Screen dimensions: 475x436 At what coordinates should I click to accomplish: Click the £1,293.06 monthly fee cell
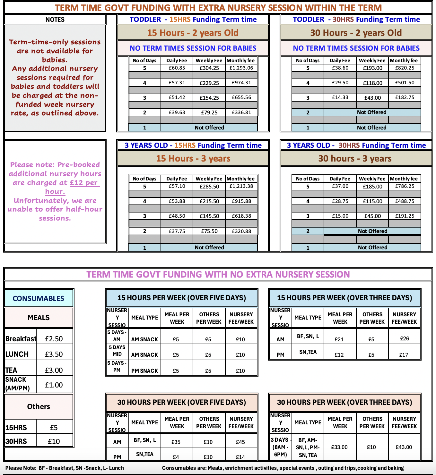point(241,68)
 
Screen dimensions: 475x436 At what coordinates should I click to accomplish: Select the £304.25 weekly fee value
point(209,68)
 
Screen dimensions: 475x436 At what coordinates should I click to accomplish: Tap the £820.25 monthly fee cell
point(405,68)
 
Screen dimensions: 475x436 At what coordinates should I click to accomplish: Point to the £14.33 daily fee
point(340,97)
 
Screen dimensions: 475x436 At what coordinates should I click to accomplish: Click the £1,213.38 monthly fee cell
point(241,186)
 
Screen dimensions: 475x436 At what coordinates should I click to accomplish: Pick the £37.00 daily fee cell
point(340,186)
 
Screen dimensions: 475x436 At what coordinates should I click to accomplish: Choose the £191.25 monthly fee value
point(405,216)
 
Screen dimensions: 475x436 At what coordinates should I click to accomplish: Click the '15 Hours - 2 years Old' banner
point(193,33)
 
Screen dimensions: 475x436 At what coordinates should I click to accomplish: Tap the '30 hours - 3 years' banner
point(355,159)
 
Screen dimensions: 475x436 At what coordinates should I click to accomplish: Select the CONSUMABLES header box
point(39,298)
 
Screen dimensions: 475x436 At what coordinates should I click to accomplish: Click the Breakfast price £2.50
point(54,339)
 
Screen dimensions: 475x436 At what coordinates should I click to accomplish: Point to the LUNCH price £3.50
point(54,354)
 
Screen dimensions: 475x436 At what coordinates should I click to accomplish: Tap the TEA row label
point(12,370)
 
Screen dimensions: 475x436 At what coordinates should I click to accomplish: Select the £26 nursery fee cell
point(405,338)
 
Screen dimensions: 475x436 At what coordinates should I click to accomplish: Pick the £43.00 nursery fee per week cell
point(404,447)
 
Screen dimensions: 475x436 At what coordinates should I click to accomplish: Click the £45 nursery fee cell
point(240,442)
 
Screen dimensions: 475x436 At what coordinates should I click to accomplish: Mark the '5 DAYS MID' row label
point(117,351)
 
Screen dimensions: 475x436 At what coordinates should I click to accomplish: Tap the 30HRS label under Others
point(16,441)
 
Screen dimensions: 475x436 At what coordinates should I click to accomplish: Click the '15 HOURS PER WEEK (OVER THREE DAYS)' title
point(344,298)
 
